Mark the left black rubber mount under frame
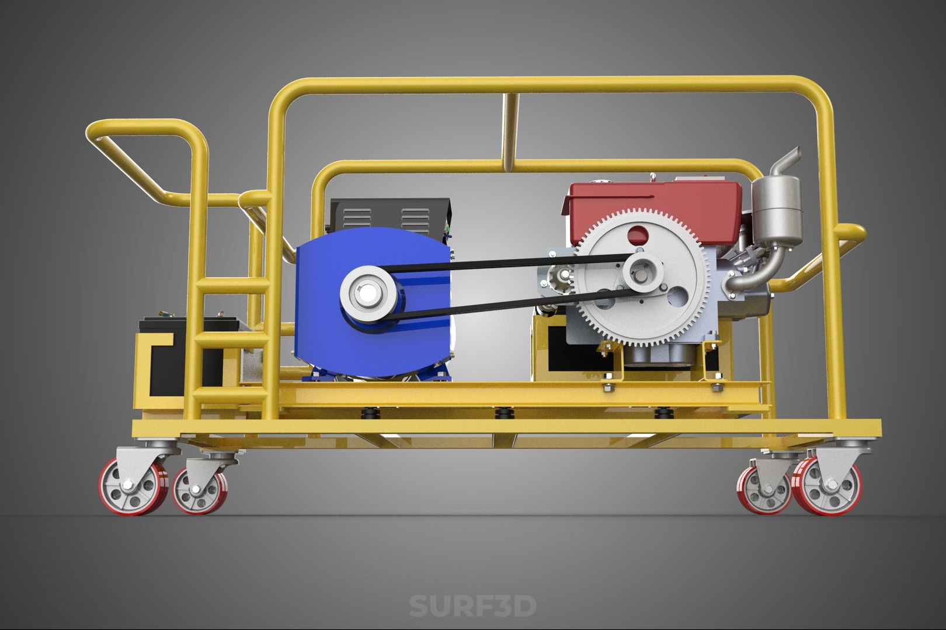click(x=370, y=414)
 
